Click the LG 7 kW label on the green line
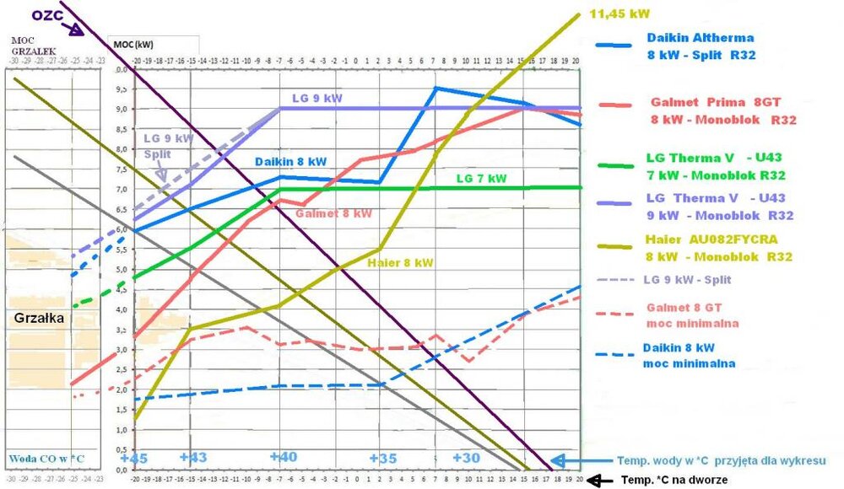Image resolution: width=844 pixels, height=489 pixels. pyautogui.click(x=481, y=179)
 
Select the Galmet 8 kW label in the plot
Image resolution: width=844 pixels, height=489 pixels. pyautogui.click(x=333, y=214)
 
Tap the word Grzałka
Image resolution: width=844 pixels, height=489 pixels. pyautogui.click(x=40, y=320)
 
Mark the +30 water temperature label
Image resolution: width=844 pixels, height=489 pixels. pyautogui.click(x=466, y=457)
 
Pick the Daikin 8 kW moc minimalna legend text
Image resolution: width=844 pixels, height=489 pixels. pyautogui.click(x=690, y=355)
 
